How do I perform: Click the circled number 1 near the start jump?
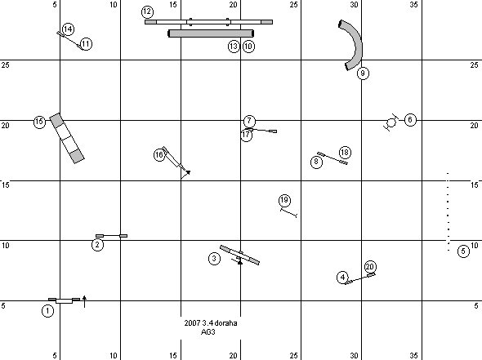point(47,311)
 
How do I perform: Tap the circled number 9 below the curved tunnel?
point(363,73)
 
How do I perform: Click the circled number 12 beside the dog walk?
point(147,11)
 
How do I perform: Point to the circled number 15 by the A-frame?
point(39,122)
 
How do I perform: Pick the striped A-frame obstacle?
point(67,138)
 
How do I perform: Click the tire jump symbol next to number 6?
point(391,123)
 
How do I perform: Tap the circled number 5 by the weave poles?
point(463,251)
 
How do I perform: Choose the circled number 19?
point(284,200)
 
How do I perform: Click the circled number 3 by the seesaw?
point(214,259)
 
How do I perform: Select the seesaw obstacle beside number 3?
point(239,255)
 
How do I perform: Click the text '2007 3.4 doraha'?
point(211,323)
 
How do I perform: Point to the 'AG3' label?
point(208,332)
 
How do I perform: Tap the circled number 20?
point(370,267)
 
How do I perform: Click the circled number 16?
point(159,155)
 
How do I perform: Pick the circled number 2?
point(97,245)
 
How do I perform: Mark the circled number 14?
point(68,29)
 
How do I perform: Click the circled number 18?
point(345,153)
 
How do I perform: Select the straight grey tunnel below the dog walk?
point(211,33)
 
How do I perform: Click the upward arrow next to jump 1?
point(84,302)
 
